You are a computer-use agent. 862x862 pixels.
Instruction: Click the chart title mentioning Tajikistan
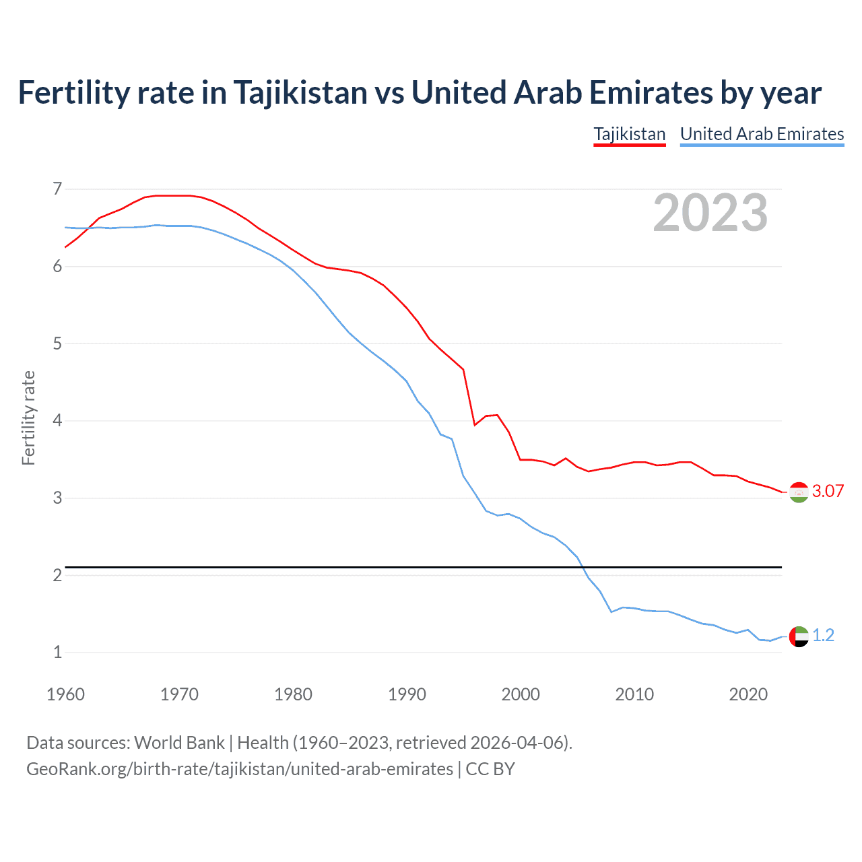419,93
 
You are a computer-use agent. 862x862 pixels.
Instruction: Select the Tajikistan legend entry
630,134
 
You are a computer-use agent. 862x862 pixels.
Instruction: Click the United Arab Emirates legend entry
762,134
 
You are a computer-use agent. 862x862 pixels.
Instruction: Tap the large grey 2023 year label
710,213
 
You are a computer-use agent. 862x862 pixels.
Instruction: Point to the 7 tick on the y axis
57,189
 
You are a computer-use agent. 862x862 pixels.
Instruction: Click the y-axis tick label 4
57,421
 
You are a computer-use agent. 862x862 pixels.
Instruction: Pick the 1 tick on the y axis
57,652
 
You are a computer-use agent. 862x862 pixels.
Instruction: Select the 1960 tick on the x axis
65,694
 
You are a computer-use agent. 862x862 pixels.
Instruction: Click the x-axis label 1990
407,694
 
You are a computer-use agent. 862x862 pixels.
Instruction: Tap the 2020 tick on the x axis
748,694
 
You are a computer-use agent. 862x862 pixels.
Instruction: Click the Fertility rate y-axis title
28,418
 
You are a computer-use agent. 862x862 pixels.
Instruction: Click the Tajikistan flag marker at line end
799,492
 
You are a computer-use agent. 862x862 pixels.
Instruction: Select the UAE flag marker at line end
799,636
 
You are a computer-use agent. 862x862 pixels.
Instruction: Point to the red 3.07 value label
828,491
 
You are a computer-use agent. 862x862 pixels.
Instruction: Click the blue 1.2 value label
823,635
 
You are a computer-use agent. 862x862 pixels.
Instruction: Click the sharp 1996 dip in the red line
475,425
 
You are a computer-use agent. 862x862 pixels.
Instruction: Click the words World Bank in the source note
179,742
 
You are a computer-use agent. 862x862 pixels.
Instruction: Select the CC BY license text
490,769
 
